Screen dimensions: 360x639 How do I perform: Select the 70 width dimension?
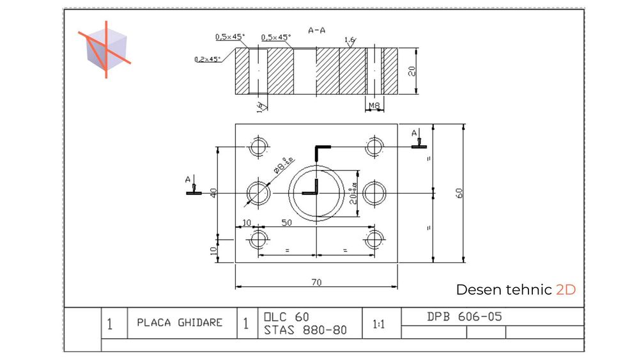(316, 281)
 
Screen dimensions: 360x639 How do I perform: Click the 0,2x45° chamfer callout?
(207, 59)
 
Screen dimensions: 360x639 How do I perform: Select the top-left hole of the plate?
(259, 146)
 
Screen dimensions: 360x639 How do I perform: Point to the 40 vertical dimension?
(213, 192)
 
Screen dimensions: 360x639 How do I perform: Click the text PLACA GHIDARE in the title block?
(180, 322)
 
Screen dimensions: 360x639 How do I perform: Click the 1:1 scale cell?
(378, 324)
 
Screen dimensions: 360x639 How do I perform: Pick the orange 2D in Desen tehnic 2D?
(566, 290)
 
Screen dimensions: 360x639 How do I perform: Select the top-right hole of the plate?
(374, 146)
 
